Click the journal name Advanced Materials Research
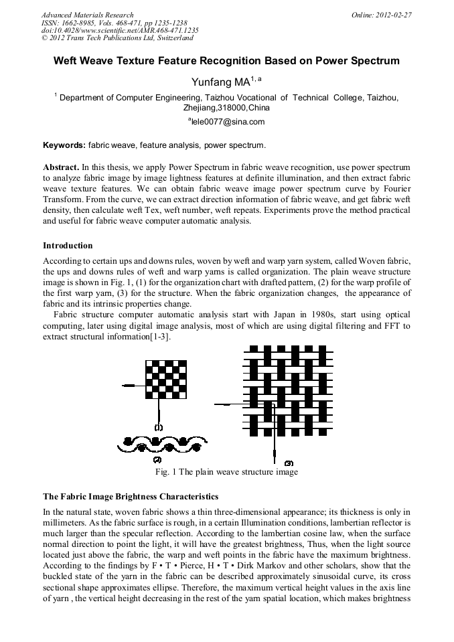click(87, 14)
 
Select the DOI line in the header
click(120, 30)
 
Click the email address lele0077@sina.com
click(228, 122)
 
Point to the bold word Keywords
click(64, 145)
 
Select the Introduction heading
click(68, 246)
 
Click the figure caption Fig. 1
click(226, 472)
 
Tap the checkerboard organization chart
click(167, 378)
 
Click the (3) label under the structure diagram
click(289, 463)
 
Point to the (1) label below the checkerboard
click(159, 426)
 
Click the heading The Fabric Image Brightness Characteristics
click(131, 497)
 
